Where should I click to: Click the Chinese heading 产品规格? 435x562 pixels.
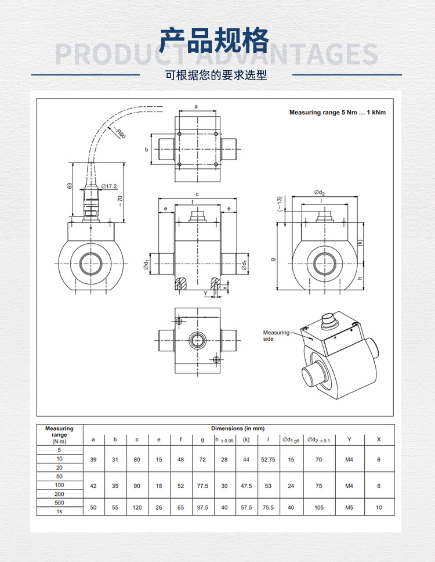[x=215, y=41]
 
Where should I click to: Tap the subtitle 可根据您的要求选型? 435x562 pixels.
[x=216, y=75]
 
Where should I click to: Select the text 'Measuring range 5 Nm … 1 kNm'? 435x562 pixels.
[x=337, y=113]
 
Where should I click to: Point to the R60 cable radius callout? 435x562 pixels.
[x=120, y=134]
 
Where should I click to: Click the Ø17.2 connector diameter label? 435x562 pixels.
[x=109, y=186]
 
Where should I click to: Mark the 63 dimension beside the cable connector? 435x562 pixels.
[x=69, y=186]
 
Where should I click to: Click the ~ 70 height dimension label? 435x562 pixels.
[x=120, y=201]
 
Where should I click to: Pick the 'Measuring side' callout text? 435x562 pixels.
[x=276, y=336]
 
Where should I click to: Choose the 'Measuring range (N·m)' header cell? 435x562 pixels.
[x=59, y=435]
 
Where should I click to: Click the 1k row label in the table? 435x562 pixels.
[x=59, y=511]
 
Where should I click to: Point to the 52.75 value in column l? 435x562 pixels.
[x=268, y=459]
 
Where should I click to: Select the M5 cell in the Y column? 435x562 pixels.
[x=349, y=507]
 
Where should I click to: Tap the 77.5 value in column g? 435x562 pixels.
[x=202, y=486]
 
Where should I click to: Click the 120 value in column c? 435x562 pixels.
[x=137, y=507]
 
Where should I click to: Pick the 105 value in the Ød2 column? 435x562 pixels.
[x=318, y=507]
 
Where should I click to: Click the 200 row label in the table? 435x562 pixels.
[x=59, y=493]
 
